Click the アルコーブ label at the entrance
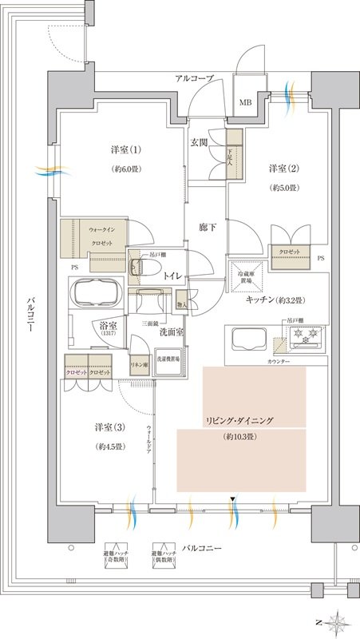(x=195, y=77)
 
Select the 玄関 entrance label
(x=200, y=142)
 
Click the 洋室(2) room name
(x=283, y=169)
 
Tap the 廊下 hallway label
(x=208, y=227)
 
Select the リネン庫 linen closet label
(x=139, y=364)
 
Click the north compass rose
(x=338, y=620)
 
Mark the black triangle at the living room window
(x=232, y=499)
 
